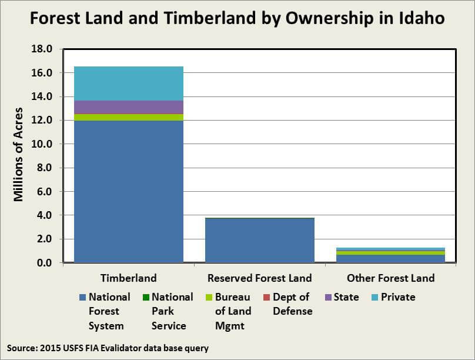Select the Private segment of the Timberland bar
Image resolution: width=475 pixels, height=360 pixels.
click(x=129, y=83)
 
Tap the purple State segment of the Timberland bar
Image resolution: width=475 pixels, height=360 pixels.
click(x=129, y=107)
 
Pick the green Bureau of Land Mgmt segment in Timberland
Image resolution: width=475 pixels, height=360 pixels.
click(x=129, y=117)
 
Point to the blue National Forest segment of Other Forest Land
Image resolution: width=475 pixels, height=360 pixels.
click(x=390, y=259)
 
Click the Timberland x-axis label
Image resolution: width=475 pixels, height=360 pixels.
click(x=129, y=278)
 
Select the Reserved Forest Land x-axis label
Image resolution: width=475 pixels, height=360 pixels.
click(x=260, y=278)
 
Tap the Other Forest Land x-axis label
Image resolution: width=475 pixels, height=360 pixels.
click(x=390, y=278)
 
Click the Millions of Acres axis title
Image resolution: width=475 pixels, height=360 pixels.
click(x=19, y=155)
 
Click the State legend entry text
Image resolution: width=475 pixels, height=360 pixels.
click(x=346, y=297)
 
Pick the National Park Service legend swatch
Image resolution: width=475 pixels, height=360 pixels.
click(x=145, y=297)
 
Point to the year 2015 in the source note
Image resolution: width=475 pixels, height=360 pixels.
click(x=52, y=348)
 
